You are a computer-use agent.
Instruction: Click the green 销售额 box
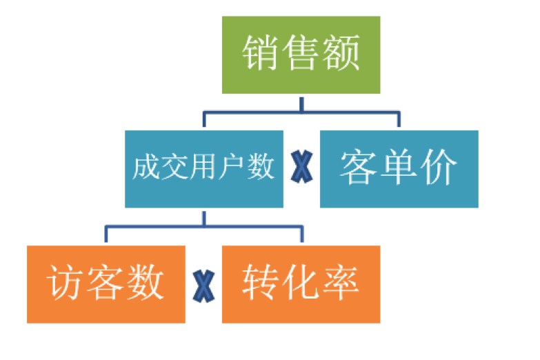(301, 54)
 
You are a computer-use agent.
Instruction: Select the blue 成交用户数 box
(204, 169)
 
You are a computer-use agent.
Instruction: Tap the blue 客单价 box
(399, 169)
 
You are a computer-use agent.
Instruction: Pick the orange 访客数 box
(106, 284)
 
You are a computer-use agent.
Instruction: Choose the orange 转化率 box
(301, 284)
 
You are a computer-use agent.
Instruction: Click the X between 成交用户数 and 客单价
(301, 167)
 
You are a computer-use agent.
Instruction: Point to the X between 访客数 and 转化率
(203, 286)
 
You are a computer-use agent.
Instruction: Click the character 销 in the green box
(260, 52)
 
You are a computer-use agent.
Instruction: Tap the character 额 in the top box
(341, 52)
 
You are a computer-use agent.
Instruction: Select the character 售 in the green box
(300, 52)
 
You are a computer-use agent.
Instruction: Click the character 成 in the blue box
(146, 167)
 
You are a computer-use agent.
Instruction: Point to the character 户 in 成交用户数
(232, 167)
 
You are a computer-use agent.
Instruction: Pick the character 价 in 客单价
(440, 167)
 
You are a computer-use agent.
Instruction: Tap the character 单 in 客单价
(399, 167)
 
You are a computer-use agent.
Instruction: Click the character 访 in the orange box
(66, 282)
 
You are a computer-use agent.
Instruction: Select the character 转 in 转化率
(261, 282)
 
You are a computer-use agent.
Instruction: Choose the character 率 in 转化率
(341, 282)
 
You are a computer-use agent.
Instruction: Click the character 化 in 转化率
(301, 282)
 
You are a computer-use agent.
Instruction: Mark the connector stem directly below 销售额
(301, 104)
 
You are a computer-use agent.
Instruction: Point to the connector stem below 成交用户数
(204, 219)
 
